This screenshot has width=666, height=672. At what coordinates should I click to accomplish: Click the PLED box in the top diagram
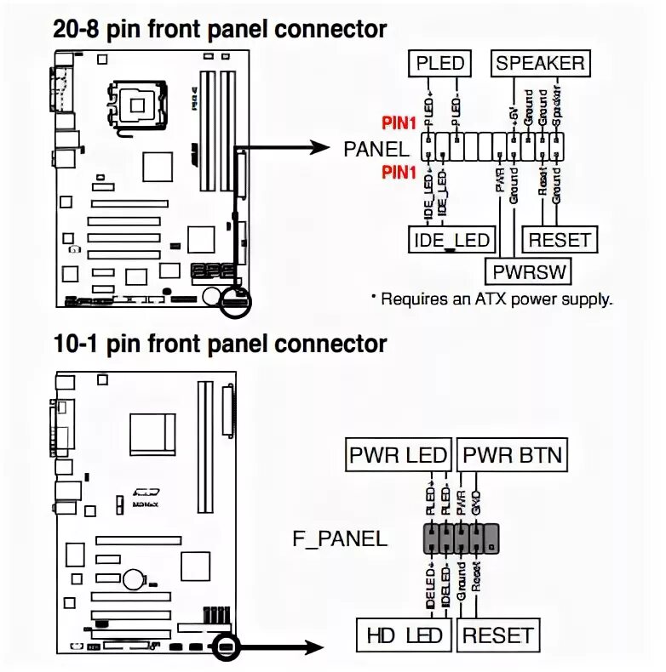tap(439, 63)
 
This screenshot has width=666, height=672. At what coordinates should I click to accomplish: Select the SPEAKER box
tap(540, 63)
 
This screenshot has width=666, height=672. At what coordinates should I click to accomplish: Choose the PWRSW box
tap(528, 271)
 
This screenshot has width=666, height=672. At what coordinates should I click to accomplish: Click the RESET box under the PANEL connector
tap(560, 240)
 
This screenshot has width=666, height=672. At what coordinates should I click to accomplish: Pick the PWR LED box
tap(398, 455)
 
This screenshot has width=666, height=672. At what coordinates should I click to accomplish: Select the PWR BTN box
tap(513, 455)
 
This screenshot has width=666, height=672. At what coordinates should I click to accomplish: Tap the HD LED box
tap(405, 635)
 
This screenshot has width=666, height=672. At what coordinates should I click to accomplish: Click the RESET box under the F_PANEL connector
tap(498, 635)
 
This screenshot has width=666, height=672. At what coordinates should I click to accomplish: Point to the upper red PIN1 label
tap(399, 124)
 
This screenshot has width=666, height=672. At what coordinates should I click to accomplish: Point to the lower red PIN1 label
tap(399, 173)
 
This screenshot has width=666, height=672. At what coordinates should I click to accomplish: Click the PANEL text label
tap(376, 149)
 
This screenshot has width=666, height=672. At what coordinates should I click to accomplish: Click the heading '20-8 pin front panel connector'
tap(220, 29)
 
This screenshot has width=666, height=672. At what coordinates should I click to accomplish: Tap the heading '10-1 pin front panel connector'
tap(220, 344)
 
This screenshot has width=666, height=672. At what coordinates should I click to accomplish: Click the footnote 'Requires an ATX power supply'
tap(491, 299)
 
